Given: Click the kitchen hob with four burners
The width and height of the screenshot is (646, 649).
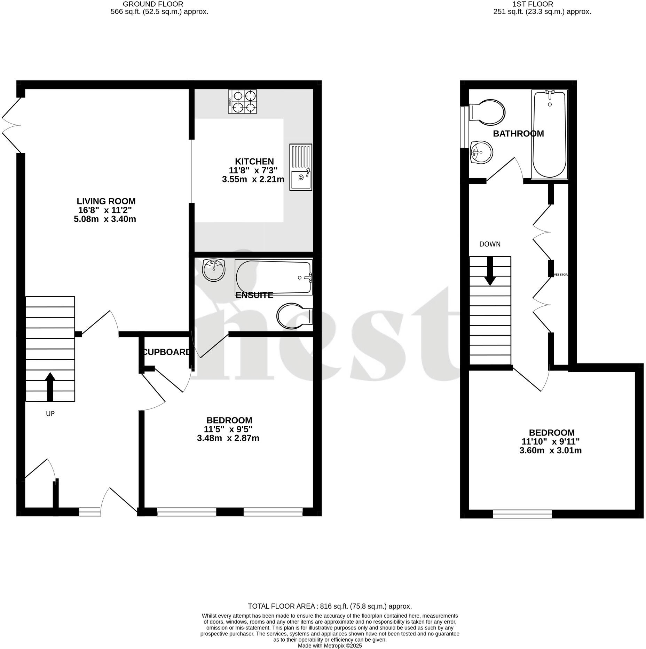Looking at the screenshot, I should tap(243, 101).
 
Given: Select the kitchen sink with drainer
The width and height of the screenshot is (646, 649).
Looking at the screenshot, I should tap(300, 167).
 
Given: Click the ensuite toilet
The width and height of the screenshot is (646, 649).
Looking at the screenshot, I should tap(294, 316).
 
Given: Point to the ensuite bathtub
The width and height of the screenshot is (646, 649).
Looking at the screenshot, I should tap(274, 277).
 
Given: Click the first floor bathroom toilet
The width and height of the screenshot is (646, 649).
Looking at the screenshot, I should tap(487, 112).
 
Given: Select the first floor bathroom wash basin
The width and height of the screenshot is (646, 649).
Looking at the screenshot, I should tap(481, 152).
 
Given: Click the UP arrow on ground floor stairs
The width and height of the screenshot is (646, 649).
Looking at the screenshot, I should tap(50, 386).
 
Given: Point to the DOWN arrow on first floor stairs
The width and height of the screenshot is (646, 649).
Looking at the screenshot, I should tap(490, 271).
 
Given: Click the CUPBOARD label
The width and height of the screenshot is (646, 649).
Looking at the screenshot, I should tap(166, 352).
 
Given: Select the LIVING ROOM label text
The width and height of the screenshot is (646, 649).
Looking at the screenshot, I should tap(106, 201).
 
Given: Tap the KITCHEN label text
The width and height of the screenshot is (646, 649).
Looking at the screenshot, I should tap(254, 162).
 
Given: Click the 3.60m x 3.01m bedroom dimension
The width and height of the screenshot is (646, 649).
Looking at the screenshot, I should tap(550, 451).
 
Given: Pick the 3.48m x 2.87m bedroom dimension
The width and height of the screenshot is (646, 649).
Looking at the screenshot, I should tap(228, 438).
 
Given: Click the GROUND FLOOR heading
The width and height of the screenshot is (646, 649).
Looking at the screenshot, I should tap(153, 4).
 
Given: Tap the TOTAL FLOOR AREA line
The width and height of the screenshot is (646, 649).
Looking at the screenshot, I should tap(330, 606).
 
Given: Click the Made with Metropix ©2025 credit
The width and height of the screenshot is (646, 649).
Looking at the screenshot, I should tap(330, 646).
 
